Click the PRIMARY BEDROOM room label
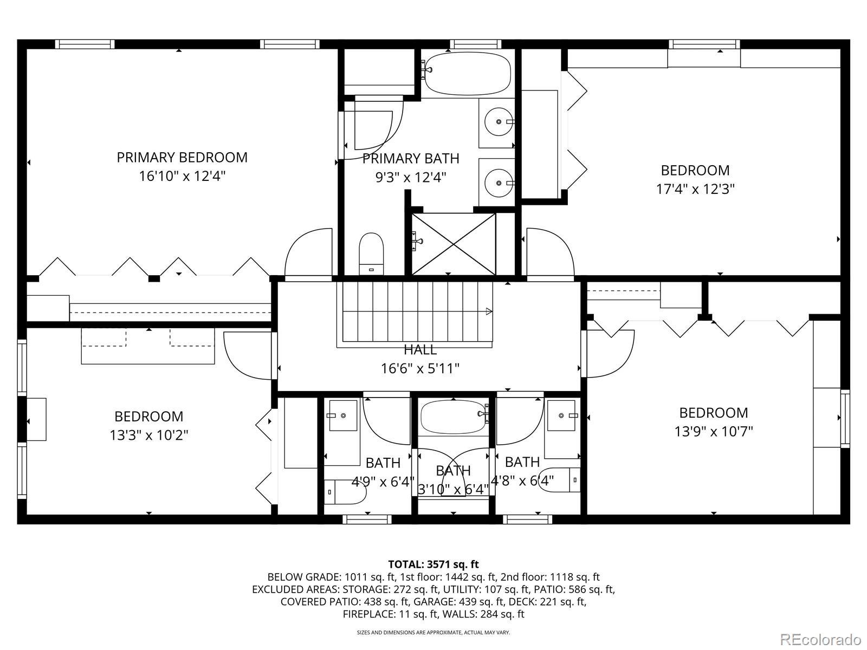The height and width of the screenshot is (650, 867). pyautogui.click(x=182, y=158)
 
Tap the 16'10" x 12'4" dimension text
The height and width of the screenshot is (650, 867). pyautogui.click(x=182, y=176)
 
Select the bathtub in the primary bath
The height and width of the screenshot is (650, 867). pyautogui.click(x=467, y=74)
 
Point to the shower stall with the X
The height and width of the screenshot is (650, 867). pyautogui.click(x=454, y=244)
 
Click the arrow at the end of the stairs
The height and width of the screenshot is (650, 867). pyautogui.click(x=489, y=311)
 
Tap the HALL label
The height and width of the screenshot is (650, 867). pyautogui.click(x=420, y=350)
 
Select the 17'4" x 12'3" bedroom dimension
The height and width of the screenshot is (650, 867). pyautogui.click(x=695, y=189)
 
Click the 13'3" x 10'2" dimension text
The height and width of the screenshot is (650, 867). pyautogui.click(x=149, y=435)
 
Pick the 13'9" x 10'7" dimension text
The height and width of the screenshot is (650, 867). pyautogui.click(x=714, y=431)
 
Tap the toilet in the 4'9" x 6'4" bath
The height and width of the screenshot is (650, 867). pyautogui.click(x=345, y=492)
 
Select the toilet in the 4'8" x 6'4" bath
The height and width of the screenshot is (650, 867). pyautogui.click(x=559, y=480)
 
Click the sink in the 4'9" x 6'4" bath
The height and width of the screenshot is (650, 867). pyautogui.click(x=343, y=415)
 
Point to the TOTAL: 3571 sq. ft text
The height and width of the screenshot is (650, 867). pyautogui.click(x=433, y=564)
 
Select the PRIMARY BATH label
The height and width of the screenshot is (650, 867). pyautogui.click(x=411, y=159)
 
